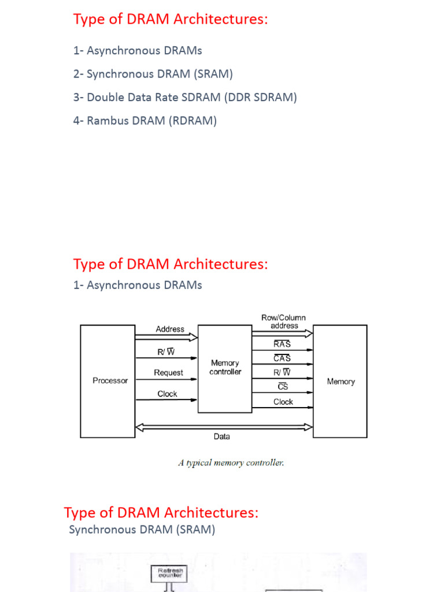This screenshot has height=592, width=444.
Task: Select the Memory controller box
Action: pos(225,368)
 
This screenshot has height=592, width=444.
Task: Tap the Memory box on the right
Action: pos(340,382)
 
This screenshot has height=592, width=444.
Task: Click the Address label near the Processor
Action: pos(170,329)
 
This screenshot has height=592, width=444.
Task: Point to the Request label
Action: pos(168,373)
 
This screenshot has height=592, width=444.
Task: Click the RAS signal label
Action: pos(282,344)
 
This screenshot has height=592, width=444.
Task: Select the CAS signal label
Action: pos(282,358)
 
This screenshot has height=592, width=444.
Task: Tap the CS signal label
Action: pos(283,387)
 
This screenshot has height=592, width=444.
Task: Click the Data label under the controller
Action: pos(221,436)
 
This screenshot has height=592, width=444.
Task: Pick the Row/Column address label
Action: pos(284,321)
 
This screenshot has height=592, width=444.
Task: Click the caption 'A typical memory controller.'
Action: pos(231,462)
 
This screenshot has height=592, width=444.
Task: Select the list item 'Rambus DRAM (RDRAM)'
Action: pos(145,121)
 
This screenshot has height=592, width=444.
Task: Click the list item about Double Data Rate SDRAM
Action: pos(185,97)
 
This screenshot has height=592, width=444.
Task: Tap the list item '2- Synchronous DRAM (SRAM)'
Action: pos(153,74)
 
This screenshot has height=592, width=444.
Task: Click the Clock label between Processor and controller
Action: pos(168,394)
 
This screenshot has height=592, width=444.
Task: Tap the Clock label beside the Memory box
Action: pos(283,402)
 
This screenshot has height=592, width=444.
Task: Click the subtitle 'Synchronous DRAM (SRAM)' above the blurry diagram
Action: pos(142,530)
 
